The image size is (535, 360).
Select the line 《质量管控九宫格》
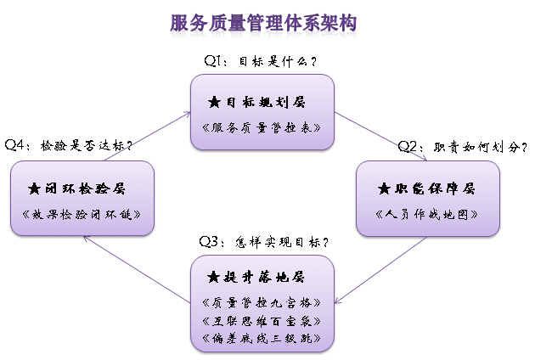tap(262, 302)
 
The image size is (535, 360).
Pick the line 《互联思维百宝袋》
tap(262, 320)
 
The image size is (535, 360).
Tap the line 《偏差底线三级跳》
tap(262, 338)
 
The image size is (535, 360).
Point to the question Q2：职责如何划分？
tap(463, 147)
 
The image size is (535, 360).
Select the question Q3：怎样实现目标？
tap(263, 241)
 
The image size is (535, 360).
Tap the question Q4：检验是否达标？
tap(68, 145)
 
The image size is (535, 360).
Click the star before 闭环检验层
tap(33, 188)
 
